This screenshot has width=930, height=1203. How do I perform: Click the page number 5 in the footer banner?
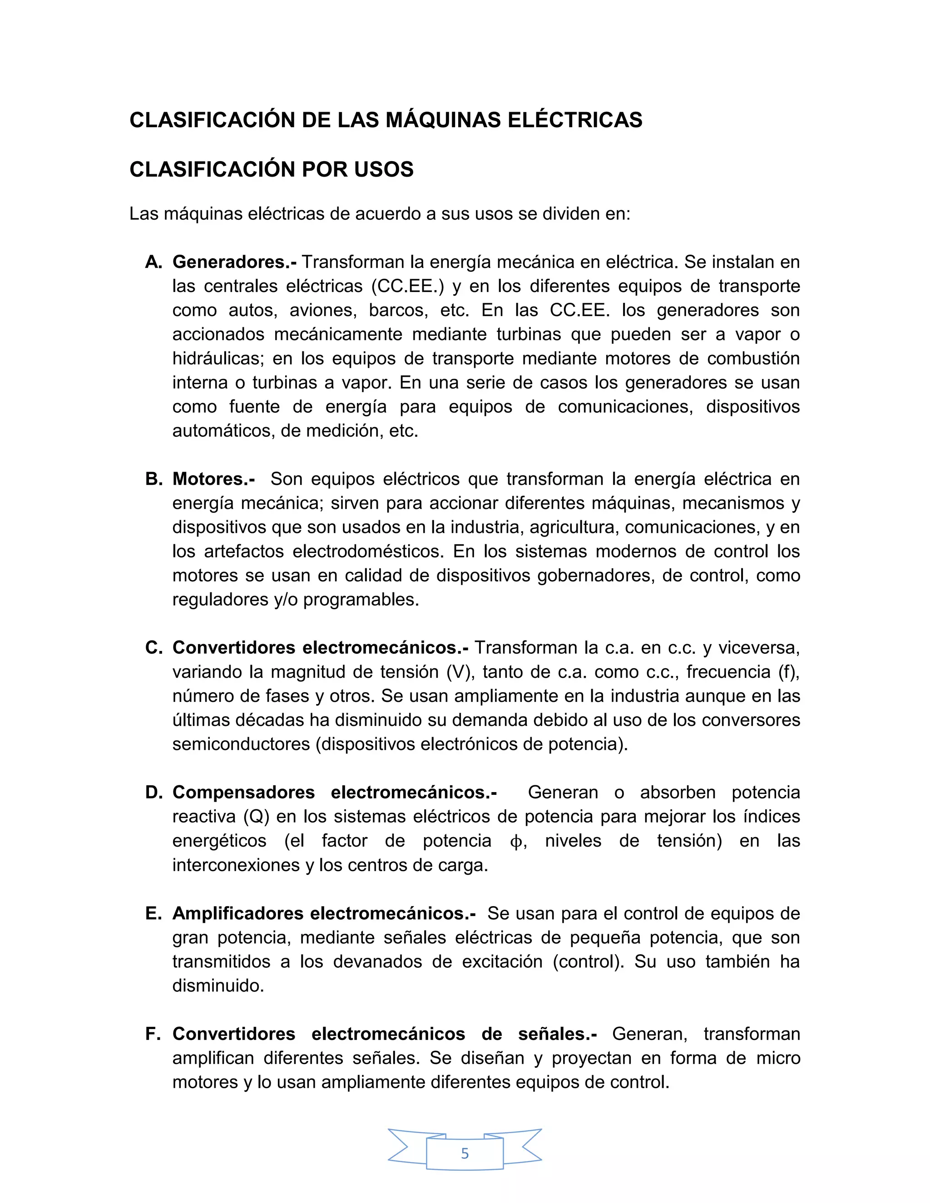pos(465,1153)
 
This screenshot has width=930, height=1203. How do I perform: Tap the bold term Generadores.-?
pos(234,262)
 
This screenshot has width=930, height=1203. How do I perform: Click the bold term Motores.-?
pos(213,479)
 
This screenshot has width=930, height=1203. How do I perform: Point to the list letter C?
pos(153,648)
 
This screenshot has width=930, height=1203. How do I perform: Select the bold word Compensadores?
pos(243,793)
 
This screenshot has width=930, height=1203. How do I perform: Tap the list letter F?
pos(153,1034)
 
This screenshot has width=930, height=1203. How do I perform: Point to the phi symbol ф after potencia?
pos(516,842)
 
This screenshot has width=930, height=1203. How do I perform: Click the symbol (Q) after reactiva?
pos(256,817)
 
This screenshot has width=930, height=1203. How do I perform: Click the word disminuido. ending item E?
pos(218,986)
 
